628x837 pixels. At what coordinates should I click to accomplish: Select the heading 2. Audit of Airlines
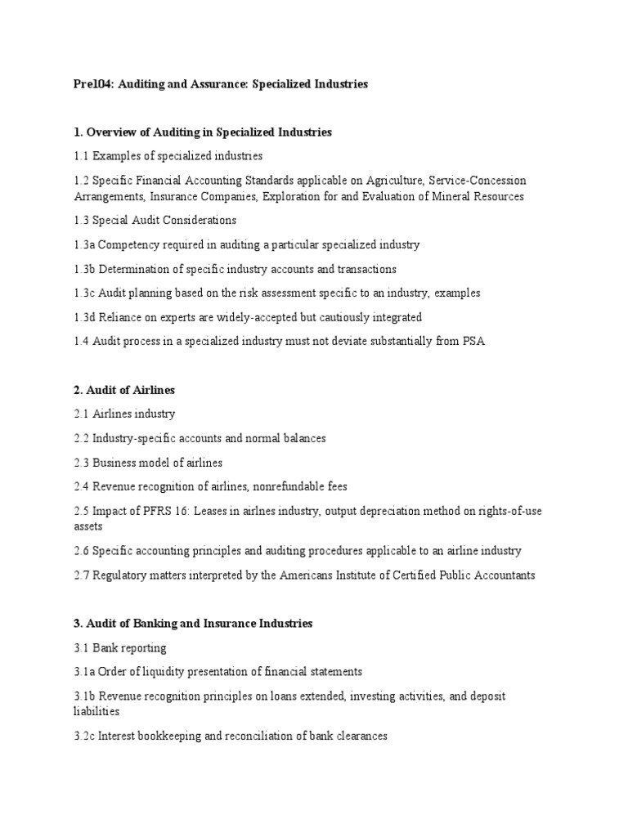pyautogui.click(x=124, y=391)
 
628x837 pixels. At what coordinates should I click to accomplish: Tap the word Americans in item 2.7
pyautogui.click(x=305, y=575)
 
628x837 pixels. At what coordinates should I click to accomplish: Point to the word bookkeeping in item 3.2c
pyautogui.click(x=161, y=736)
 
